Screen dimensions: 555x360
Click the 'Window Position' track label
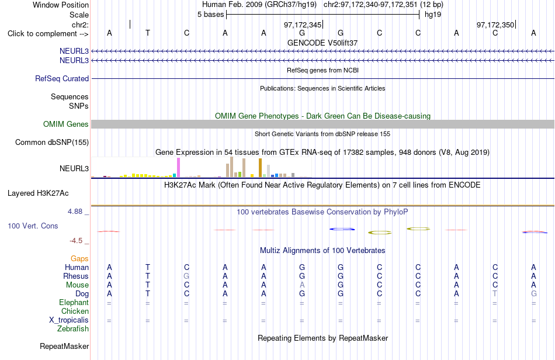pyautogui.click(x=61, y=5)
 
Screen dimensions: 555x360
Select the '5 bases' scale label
pyautogui.click(x=210, y=15)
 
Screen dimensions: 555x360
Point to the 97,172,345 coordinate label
pyautogui.click(x=302, y=25)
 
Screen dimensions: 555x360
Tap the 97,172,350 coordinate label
pyautogui.click(x=495, y=25)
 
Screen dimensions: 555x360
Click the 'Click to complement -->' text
pyautogui.click(x=48, y=34)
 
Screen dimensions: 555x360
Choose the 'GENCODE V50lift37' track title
pyautogui.click(x=322, y=43)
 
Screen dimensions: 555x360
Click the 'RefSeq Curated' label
pyautogui.click(x=62, y=78)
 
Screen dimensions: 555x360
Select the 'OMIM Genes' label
pyautogui.click(x=66, y=124)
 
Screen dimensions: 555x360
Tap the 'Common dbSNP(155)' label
pyautogui.click(x=52, y=142)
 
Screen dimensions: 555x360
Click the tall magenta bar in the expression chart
pyautogui.click(x=178, y=167)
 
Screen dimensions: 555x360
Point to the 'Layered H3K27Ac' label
pyautogui.click(x=38, y=193)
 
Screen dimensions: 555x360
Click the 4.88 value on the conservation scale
pyautogui.click(x=75, y=212)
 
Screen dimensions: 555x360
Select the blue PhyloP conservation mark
pyautogui.click(x=342, y=229)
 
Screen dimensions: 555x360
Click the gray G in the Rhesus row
pyautogui.click(x=186, y=276)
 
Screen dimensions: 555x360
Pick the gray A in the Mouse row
pyautogui.click(x=302, y=285)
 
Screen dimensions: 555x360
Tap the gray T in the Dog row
pyautogui.click(x=495, y=294)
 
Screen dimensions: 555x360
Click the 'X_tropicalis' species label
pyautogui.click(x=69, y=320)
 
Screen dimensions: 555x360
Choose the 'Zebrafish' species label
pyautogui.click(x=73, y=329)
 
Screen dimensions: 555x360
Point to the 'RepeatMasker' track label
pyautogui.click(x=64, y=346)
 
